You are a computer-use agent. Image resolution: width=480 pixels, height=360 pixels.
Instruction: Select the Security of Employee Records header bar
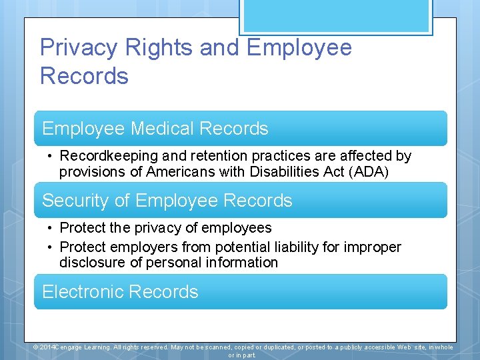[x=240, y=201]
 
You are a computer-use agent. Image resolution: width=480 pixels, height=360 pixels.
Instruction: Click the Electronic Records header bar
[x=240, y=292]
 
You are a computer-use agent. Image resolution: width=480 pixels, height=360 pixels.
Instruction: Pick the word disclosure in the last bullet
[x=93, y=263]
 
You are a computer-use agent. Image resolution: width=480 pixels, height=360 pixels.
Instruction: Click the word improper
[x=373, y=247]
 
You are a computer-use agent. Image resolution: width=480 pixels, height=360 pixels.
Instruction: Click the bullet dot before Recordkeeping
[x=50, y=157]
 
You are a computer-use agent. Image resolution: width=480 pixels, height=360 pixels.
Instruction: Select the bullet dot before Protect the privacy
[x=50, y=229]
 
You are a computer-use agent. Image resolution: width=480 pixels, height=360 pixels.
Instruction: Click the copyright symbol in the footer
[x=37, y=347]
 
